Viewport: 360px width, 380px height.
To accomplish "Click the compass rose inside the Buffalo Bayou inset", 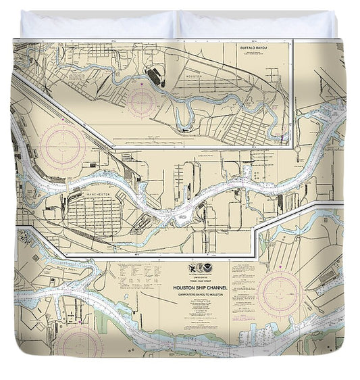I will coord(141,101).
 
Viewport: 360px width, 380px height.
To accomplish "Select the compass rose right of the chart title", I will coord(280,293).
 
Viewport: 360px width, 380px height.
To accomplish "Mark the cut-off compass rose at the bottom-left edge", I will coord(79,345).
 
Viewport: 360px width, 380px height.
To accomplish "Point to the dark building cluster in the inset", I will coord(156,76).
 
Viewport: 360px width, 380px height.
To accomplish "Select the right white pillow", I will coord(257,25).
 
